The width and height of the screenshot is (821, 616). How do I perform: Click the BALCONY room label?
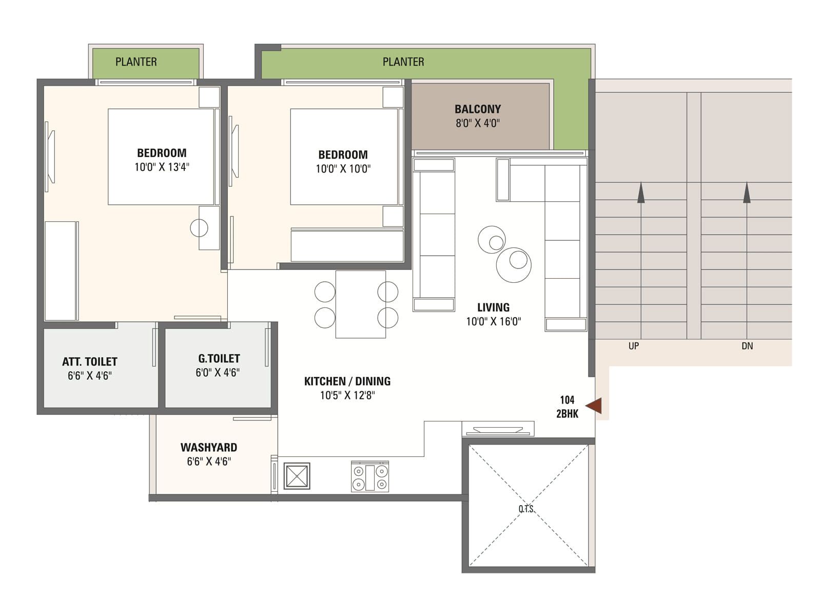[477, 109]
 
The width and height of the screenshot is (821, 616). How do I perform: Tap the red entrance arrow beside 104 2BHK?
[594, 406]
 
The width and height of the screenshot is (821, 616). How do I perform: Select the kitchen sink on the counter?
[297, 476]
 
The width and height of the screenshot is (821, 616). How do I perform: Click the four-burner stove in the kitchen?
[369, 477]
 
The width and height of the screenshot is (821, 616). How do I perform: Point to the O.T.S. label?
[526, 509]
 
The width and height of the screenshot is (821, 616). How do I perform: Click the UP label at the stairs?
[633, 346]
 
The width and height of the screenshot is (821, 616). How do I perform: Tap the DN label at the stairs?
[747, 346]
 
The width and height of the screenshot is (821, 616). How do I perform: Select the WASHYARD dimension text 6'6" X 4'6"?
[209, 461]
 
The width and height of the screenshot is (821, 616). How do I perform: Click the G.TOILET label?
[219, 358]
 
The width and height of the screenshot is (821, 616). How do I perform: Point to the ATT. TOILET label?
[89, 362]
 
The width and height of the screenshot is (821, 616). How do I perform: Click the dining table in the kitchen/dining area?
[360, 304]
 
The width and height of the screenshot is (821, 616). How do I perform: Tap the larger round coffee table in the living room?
[514, 265]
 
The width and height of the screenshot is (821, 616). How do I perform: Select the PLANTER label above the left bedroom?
[136, 62]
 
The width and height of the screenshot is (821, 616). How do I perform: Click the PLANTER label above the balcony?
[403, 62]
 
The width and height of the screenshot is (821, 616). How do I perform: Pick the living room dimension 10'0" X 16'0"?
[493, 321]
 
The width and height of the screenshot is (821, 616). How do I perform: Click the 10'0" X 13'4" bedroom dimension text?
[162, 167]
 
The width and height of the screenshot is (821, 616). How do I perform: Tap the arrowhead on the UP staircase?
[641, 192]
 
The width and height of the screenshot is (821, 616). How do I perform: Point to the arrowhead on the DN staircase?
[747, 192]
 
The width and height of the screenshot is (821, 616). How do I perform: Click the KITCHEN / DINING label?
[347, 381]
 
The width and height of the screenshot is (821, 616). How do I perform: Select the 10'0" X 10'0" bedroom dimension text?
[343, 169]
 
